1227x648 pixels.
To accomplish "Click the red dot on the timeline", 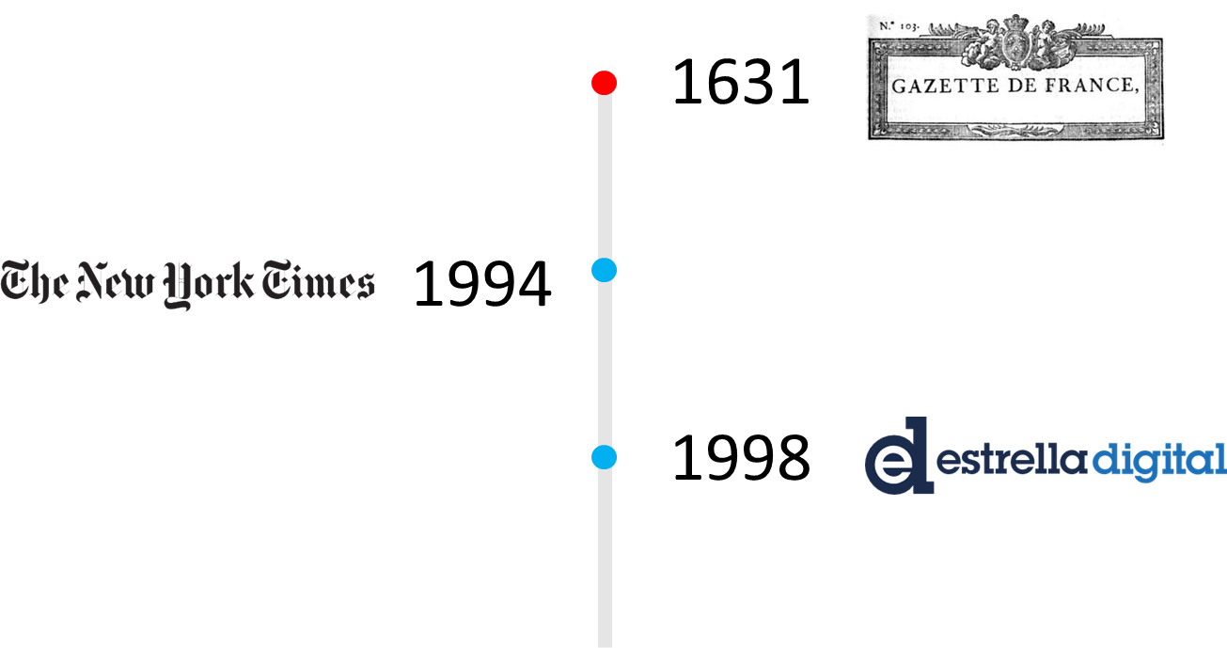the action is click(x=605, y=83).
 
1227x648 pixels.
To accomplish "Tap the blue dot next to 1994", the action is click(x=605, y=270).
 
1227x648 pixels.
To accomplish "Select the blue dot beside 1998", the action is click(x=605, y=457).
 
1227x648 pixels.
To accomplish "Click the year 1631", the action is click(x=741, y=83).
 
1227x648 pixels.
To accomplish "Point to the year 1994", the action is click(x=482, y=284).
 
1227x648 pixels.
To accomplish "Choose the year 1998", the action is click(x=741, y=458).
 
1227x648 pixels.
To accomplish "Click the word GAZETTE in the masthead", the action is click(x=945, y=87).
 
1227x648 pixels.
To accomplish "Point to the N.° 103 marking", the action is click(x=898, y=25).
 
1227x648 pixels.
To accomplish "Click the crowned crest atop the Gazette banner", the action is click(x=1015, y=42).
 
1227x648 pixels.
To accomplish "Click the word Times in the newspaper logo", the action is click(x=318, y=280).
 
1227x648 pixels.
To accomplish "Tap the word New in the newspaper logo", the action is click(x=115, y=281).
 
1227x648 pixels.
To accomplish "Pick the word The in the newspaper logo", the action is click(x=35, y=281).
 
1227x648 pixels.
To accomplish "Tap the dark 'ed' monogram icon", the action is click(x=899, y=456).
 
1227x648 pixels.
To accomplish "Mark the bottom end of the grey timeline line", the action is click(x=605, y=647).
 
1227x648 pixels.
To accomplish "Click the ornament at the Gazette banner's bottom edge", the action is click(x=1015, y=131).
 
